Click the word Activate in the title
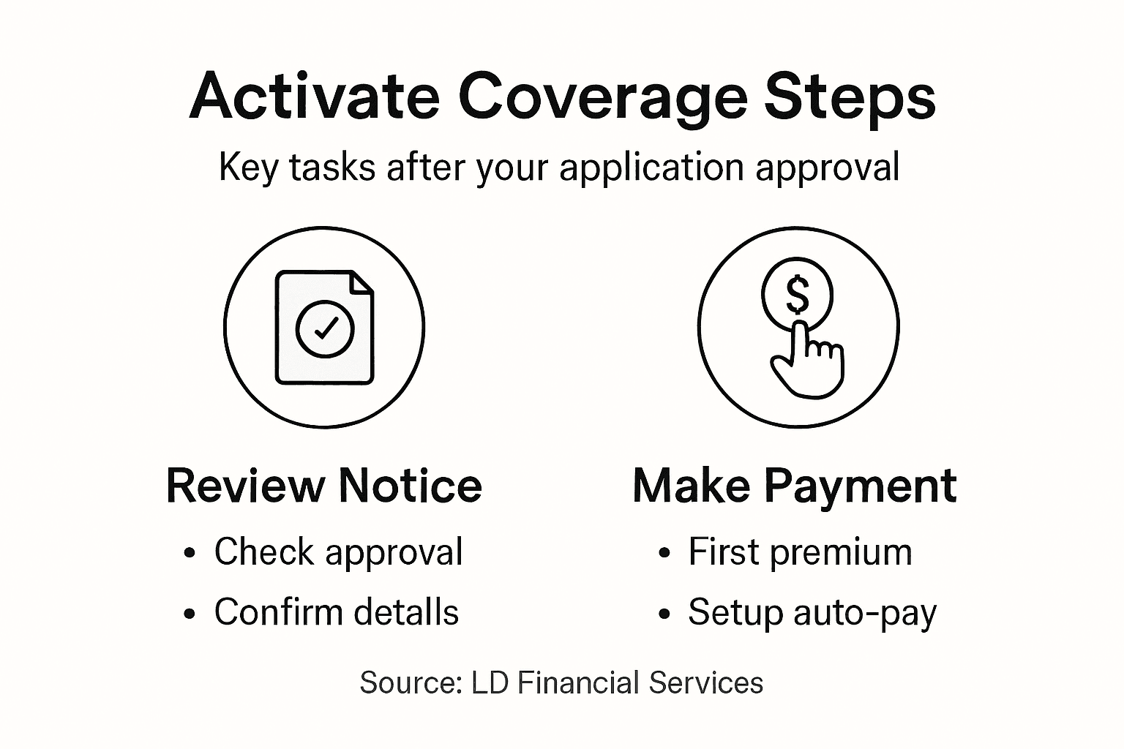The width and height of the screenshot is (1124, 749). click(x=314, y=97)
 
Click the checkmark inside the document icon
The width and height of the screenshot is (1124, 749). click(x=325, y=328)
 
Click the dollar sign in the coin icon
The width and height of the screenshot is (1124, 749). click(x=797, y=295)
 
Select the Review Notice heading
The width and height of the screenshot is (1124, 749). click(x=324, y=486)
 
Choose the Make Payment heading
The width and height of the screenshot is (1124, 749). click(x=795, y=486)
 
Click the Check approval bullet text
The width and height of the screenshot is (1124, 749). click(x=338, y=552)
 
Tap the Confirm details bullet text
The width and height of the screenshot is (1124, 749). click(x=336, y=612)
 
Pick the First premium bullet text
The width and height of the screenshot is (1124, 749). click(x=800, y=552)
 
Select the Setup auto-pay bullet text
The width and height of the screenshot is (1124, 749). click(x=812, y=613)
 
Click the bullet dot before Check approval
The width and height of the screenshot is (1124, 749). click(x=190, y=554)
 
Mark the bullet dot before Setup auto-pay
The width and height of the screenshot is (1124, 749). click(x=664, y=614)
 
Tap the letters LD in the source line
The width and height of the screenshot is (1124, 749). click(x=490, y=683)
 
